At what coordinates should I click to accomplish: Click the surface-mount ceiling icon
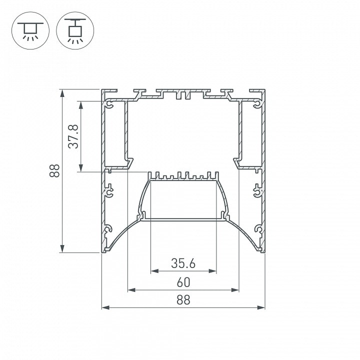(30, 30)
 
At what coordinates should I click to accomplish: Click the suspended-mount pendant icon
(75, 30)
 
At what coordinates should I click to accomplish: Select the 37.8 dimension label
(73, 136)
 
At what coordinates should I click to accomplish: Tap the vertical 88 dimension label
(54, 170)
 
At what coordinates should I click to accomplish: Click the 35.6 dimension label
(183, 263)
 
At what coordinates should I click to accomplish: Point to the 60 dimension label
(183, 282)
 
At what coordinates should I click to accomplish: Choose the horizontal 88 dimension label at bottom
(183, 300)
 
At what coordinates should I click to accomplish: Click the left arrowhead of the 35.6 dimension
(154, 271)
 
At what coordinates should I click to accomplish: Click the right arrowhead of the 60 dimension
(235, 290)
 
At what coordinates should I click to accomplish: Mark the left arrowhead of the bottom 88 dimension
(105, 307)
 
